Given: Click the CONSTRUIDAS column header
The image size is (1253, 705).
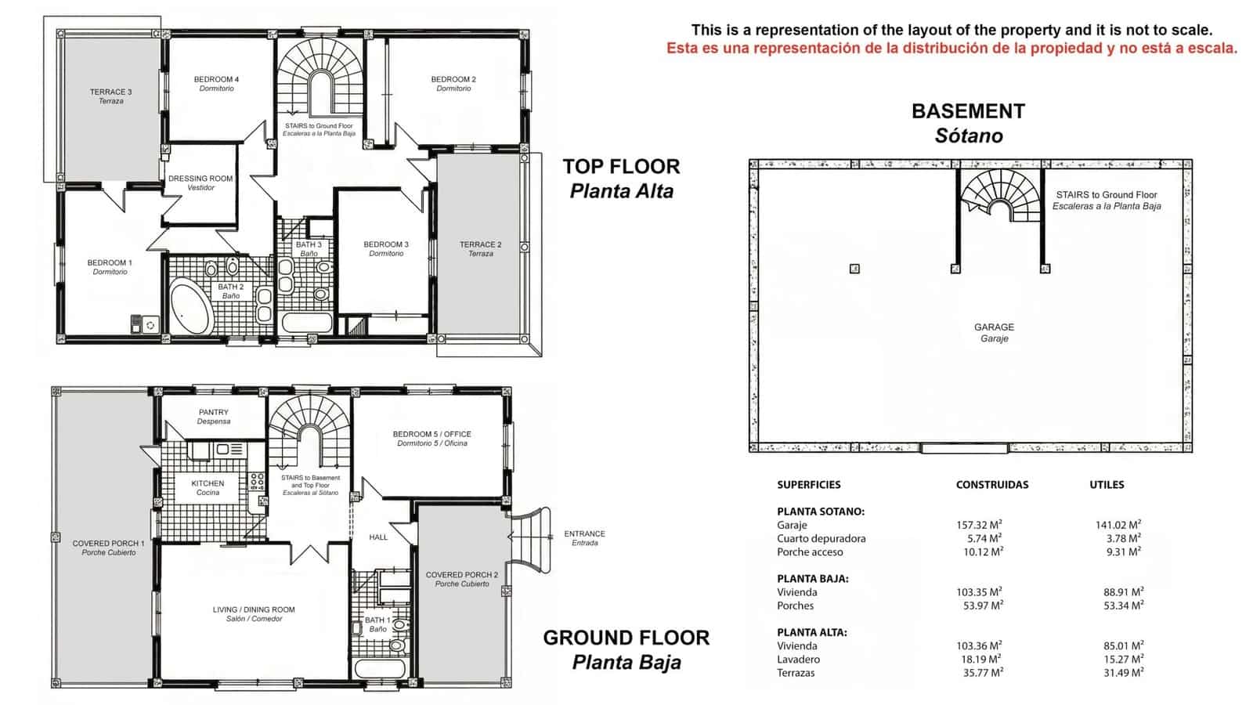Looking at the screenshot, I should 991,485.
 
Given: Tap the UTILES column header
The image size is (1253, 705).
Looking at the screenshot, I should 1106,485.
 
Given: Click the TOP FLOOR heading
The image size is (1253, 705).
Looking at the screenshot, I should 621,167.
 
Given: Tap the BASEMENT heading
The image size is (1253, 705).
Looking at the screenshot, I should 967,111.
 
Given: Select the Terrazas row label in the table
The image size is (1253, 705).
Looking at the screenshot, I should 796,673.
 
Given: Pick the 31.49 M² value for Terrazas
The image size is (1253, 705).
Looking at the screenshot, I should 1122,672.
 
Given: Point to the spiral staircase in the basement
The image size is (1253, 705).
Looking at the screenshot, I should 998,195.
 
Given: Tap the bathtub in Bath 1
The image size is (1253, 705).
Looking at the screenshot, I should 379,668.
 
